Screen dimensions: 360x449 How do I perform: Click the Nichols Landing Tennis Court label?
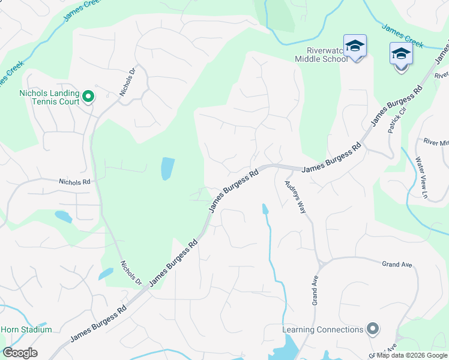click(49, 97)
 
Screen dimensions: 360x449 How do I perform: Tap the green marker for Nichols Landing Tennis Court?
click(88, 96)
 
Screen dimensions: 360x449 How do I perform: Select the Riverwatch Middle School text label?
click(321, 55)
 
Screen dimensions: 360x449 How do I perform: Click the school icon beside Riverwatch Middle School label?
click(355, 46)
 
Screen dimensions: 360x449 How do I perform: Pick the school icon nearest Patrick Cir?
click(401, 55)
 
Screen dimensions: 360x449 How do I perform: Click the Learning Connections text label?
click(323, 329)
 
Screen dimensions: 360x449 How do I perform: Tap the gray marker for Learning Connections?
click(373, 329)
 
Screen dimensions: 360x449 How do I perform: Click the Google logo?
click(20, 353)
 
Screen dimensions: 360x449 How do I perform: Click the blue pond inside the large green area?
click(168, 169)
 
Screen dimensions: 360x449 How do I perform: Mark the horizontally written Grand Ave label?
click(396, 263)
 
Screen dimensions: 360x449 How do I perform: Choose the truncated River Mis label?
click(436, 142)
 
